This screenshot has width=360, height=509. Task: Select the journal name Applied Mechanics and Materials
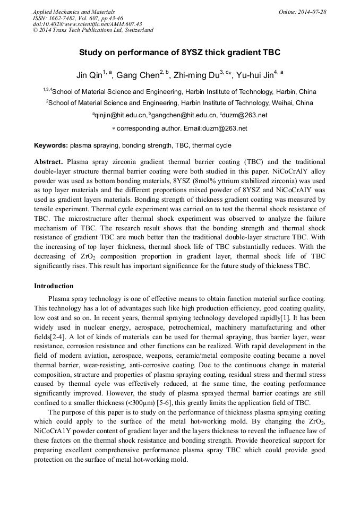click(x=74, y=12)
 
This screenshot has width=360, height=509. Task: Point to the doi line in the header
click(x=87, y=24)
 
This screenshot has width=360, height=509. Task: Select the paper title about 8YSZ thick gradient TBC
click(x=179, y=53)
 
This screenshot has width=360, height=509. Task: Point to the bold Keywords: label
click(x=51, y=145)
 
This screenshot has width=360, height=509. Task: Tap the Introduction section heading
click(x=54, y=286)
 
